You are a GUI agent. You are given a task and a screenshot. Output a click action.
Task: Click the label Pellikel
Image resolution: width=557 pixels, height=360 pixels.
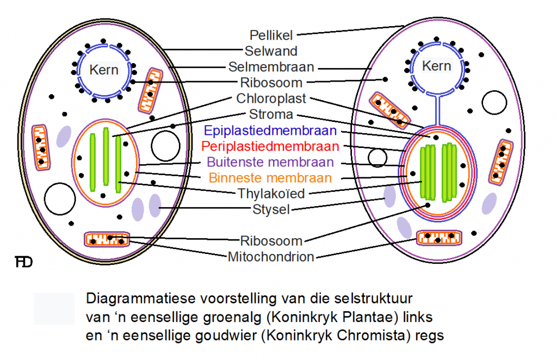pyautogui.click(x=271, y=35)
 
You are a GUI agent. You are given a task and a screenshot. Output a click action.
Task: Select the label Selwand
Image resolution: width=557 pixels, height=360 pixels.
pyautogui.click(x=271, y=52)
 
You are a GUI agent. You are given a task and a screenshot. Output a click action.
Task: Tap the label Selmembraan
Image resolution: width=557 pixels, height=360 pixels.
pyautogui.click(x=271, y=67)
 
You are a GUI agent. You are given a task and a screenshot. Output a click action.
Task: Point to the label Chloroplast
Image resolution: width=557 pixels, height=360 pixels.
pyautogui.click(x=271, y=99)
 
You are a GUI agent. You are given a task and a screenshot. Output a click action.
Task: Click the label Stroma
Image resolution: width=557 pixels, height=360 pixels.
pyautogui.click(x=271, y=115)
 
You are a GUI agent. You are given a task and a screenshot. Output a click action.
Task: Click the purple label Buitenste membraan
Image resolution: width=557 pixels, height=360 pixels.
pyautogui.click(x=270, y=163)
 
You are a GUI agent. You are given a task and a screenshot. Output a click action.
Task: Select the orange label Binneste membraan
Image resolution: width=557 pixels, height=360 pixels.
pyautogui.click(x=270, y=178)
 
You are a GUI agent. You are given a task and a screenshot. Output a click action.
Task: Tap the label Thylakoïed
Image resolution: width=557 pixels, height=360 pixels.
pyautogui.click(x=271, y=194)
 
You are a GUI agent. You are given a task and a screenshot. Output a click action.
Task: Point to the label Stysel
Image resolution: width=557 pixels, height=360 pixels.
pyautogui.click(x=271, y=209)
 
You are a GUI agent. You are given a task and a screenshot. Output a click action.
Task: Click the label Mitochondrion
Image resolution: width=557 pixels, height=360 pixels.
pyautogui.click(x=271, y=257)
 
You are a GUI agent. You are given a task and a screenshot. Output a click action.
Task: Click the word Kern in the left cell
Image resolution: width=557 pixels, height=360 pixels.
pyautogui.click(x=104, y=70)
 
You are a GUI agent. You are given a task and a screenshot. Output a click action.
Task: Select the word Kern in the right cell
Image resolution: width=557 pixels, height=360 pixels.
pyautogui.click(x=437, y=66)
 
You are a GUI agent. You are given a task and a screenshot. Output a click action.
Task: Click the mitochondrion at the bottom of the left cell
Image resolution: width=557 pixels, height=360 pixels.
pyautogui.click(x=108, y=238)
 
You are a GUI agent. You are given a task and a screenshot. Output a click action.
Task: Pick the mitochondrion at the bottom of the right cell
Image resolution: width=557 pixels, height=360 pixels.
pyautogui.click(x=440, y=237)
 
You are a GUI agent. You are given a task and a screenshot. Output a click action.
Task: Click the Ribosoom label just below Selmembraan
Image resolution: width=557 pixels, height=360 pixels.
pyautogui.click(x=271, y=83)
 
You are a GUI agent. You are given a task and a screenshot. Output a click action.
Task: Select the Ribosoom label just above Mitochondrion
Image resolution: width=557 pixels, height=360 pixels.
pyautogui.click(x=271, y=241)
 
